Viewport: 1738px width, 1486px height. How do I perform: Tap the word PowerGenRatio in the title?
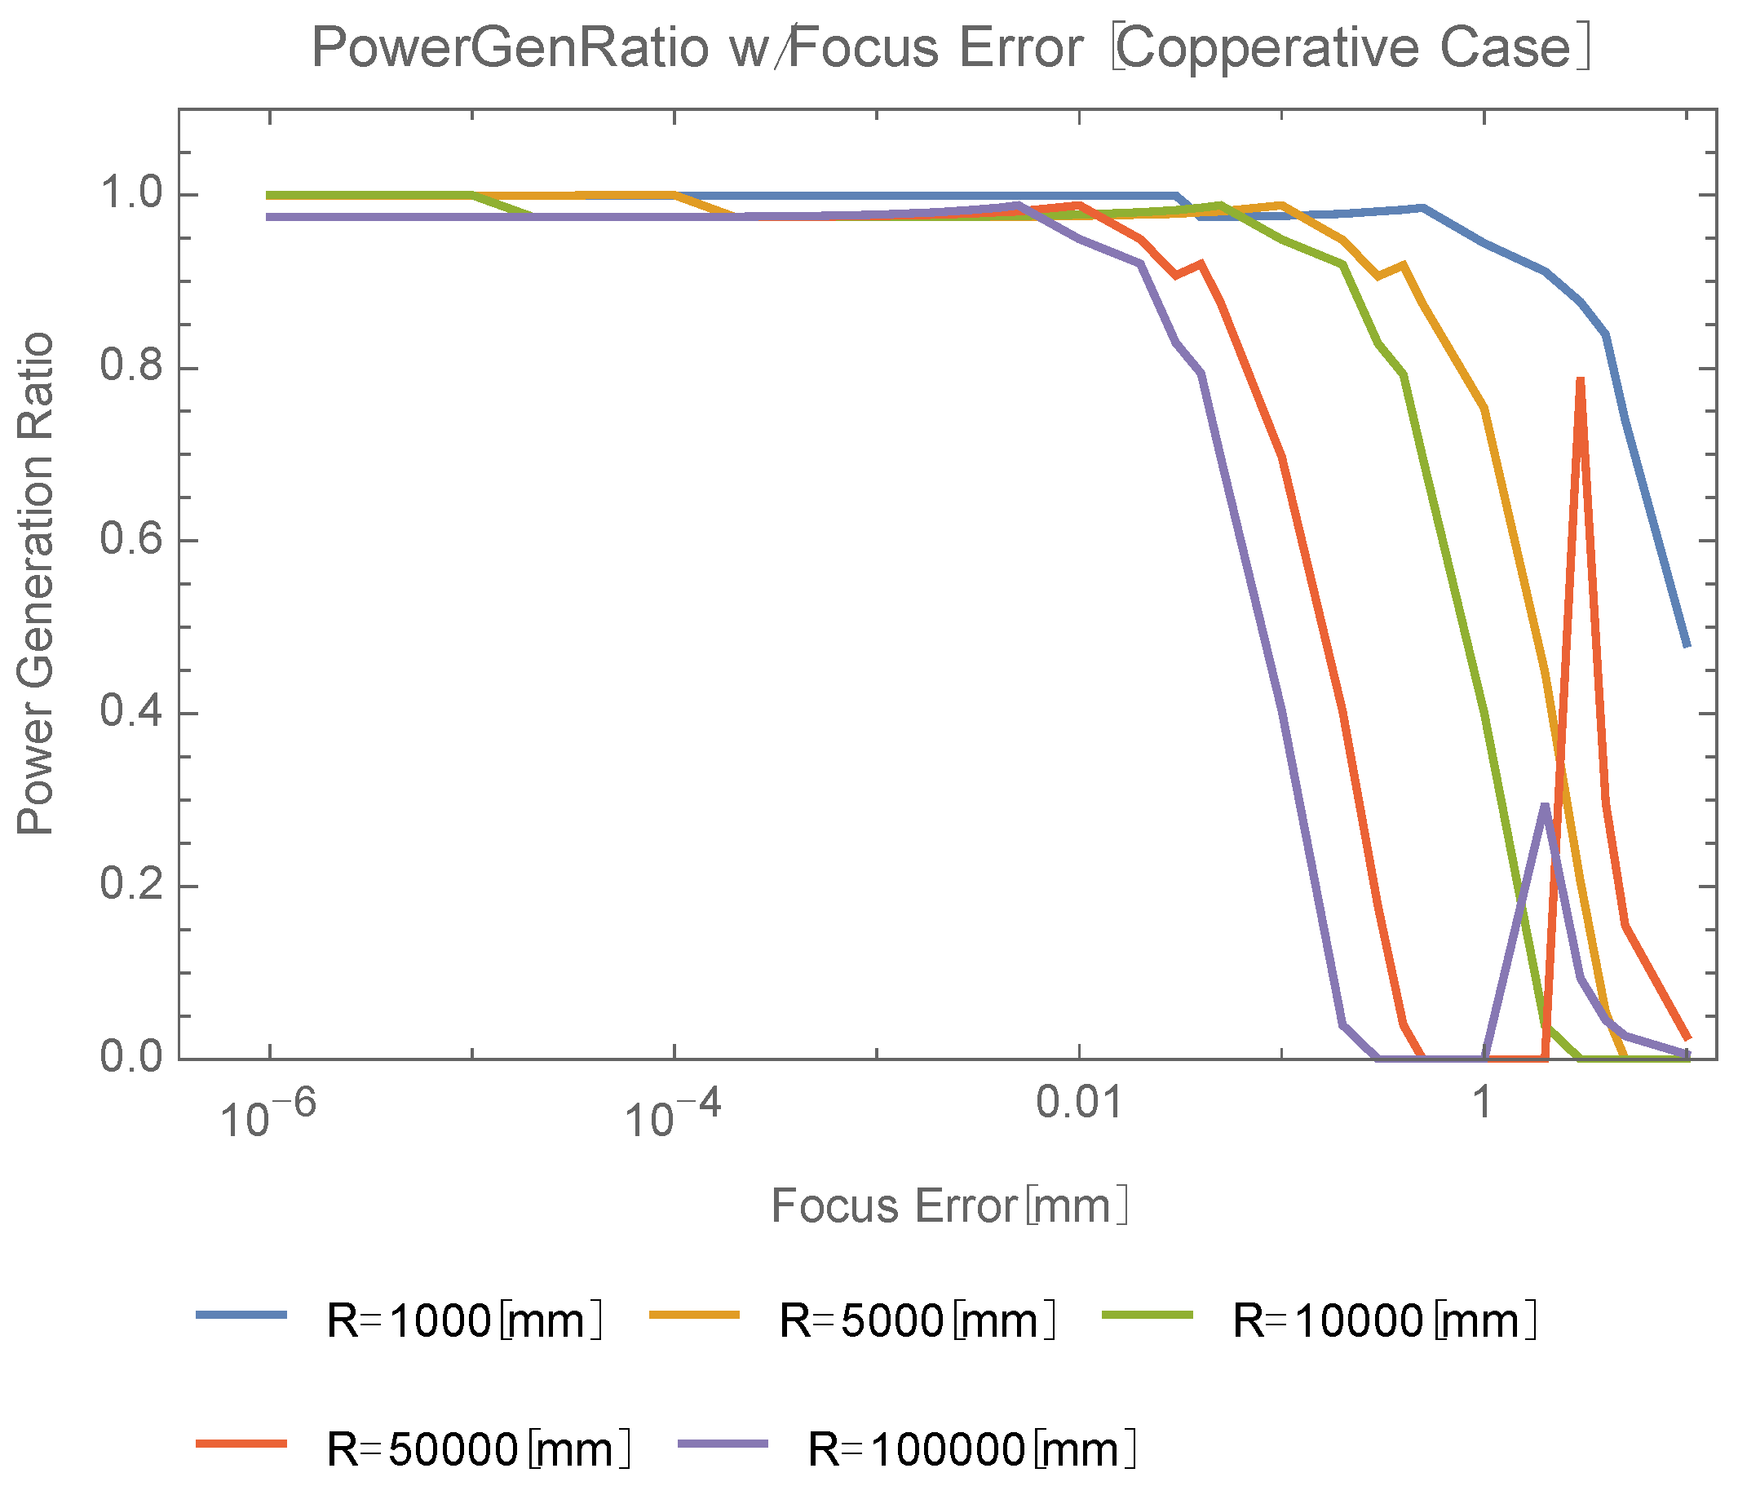510,49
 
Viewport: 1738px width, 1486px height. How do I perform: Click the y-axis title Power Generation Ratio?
35,585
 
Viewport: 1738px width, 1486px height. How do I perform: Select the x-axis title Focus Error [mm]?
949,1206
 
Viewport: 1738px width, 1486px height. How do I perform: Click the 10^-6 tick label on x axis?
268,1117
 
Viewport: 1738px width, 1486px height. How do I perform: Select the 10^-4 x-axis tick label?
673,1117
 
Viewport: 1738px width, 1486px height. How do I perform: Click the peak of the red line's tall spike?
1581,380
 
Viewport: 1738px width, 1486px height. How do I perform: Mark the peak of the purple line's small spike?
1544,806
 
